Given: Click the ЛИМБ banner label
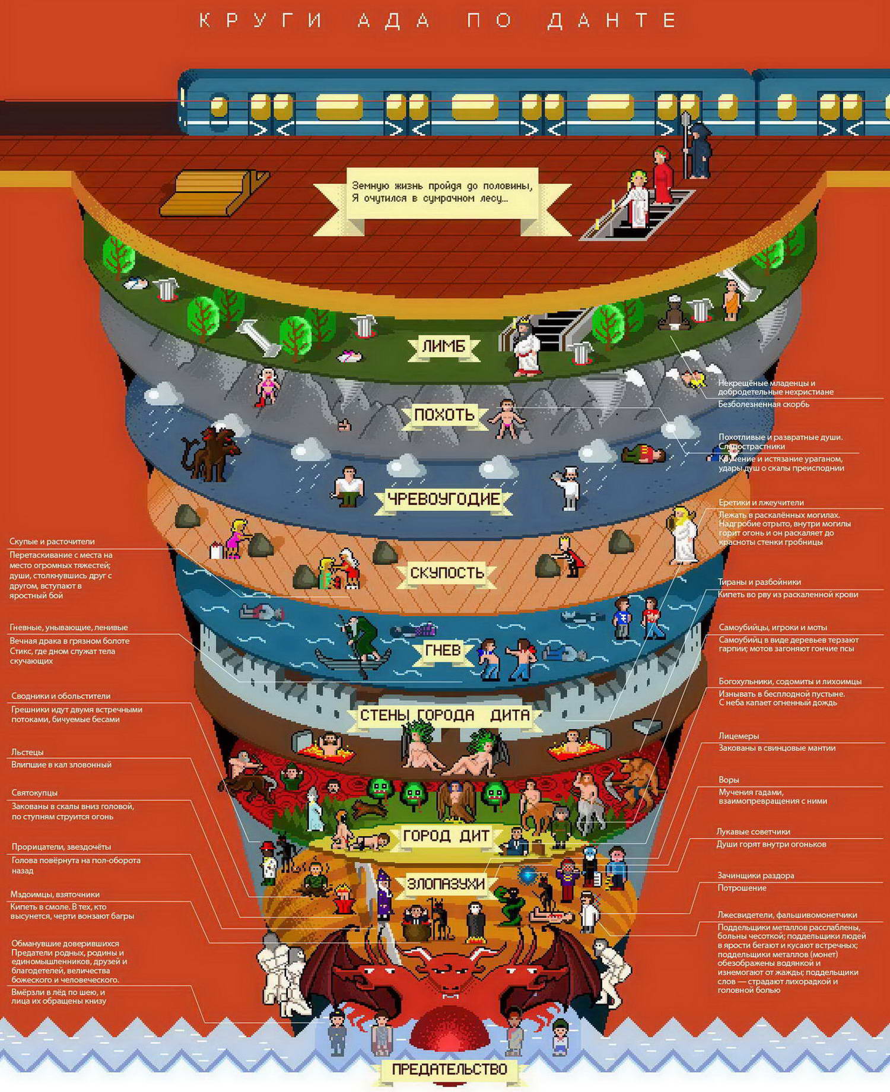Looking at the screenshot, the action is [x=443, y=346].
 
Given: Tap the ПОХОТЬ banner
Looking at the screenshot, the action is [x=444, y=414].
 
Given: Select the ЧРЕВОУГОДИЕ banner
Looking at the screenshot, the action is [x=443, y=499].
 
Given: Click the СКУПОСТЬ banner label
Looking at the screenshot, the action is [x=447, y=573].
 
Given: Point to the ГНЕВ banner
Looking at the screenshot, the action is [x=443, y=650].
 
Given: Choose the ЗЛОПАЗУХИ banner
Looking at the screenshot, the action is [x=445, y=883].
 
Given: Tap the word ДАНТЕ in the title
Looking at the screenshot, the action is [x=612, y=21].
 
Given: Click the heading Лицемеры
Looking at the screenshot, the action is [x=739, y=736].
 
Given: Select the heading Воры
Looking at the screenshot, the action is [x=729, y=780].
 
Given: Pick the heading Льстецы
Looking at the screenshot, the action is [x=27, y=752].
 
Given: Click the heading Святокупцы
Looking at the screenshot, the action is [x=34, y=793].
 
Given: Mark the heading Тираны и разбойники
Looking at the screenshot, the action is [x=759, y=582].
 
